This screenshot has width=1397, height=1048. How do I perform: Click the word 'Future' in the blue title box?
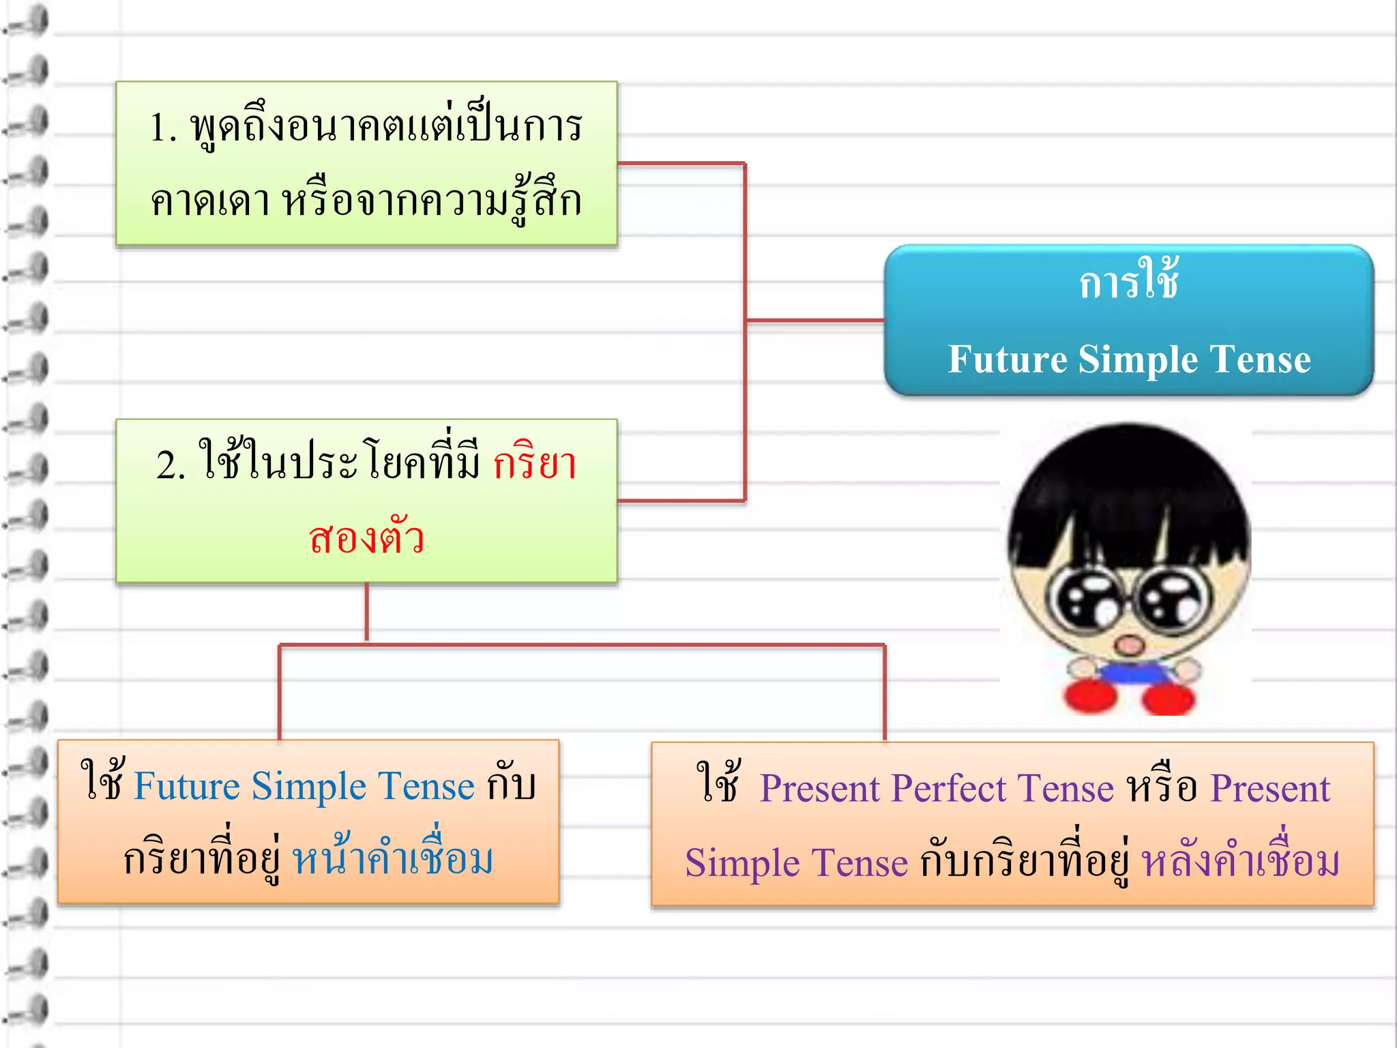coord(1007,360)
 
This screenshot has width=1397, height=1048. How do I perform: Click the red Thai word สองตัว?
coord(366,539)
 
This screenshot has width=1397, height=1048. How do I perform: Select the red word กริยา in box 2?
coord(535,464)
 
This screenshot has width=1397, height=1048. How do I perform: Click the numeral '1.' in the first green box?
coord(164,128)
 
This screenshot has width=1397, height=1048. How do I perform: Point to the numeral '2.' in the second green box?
coord(171,466)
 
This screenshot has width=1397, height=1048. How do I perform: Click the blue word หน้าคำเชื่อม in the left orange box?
coord(393,860)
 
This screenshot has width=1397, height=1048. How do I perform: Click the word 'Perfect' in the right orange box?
coord(948,789)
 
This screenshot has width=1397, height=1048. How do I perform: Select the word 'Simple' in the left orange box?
coord(309,786)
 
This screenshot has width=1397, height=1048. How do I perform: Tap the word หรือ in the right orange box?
coord(1162,789)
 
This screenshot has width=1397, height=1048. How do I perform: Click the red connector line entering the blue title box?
coord(815,320)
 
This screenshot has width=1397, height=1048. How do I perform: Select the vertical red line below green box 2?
coord(367,612)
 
